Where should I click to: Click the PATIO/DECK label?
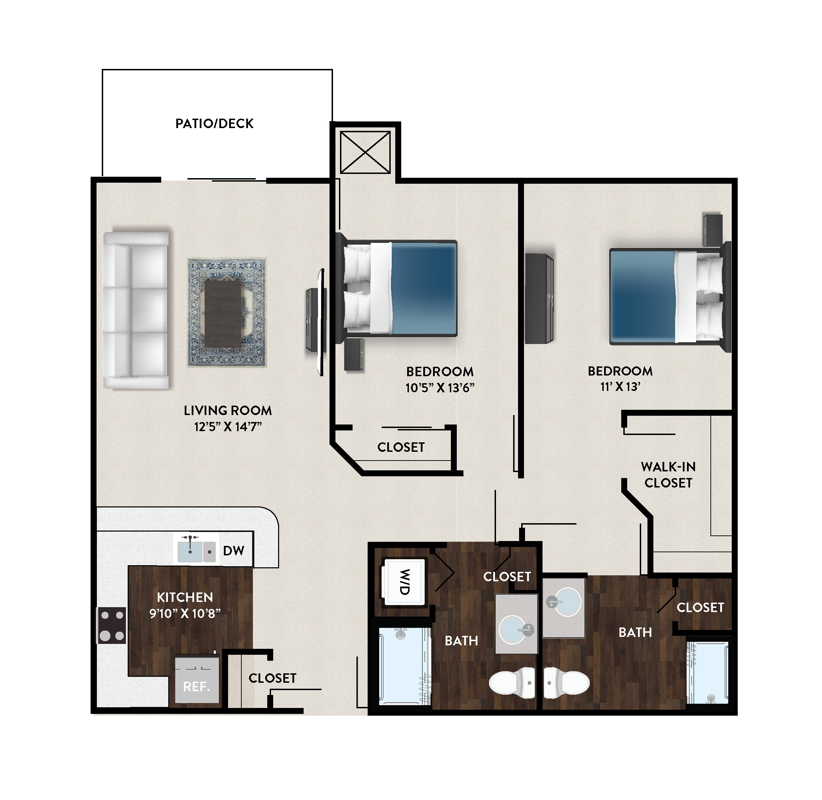pos(214,124)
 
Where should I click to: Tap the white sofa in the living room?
pos(136,310)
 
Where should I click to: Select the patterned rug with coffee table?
pos(227,313)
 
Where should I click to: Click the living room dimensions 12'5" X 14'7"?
pos(228,427)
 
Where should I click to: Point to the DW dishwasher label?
pos(234,551)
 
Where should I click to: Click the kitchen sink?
pos(196,549)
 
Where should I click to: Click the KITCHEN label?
pos(185,597)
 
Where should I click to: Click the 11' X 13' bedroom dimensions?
pos(620,387)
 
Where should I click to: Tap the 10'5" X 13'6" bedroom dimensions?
pos(440,387)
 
